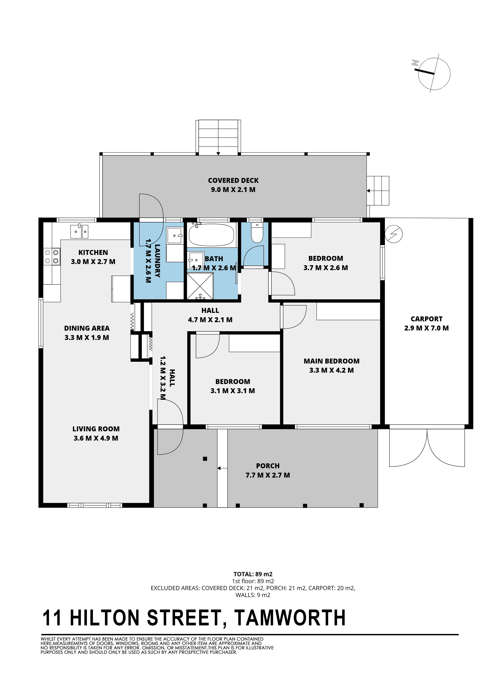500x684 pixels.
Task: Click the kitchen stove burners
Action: [52, 257]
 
